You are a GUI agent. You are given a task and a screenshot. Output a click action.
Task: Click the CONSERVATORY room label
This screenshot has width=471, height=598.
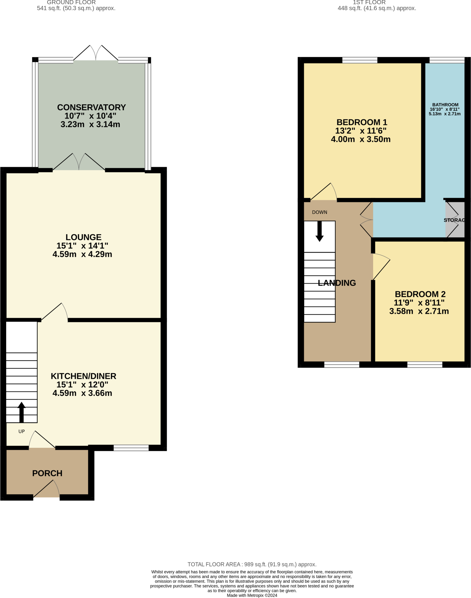tap(91, 107)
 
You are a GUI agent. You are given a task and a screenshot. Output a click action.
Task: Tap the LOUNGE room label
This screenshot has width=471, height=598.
tap(83, 237)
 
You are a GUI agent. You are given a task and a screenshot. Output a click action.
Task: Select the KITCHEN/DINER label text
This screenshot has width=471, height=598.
tap(83, 376)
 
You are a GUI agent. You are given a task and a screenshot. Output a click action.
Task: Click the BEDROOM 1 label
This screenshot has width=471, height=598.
tap(362, 122)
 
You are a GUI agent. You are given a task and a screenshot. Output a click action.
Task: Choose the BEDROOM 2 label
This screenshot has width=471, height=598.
tap(420, 294)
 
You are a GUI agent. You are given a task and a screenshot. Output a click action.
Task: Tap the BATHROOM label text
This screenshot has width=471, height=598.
tap(445, 105)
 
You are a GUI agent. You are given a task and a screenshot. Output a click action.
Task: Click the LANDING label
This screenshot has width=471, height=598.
tap(337, 283)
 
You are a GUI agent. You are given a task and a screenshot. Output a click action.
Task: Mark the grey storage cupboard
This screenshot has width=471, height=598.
tap(455, 220)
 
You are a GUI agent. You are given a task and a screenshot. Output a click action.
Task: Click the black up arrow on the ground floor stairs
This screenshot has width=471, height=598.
tap(21, 412)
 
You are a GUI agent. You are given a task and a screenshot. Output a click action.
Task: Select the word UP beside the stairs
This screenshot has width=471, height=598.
tap(21, 431)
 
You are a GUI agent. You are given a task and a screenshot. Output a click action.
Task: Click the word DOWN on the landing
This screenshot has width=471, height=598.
tap(319, 212)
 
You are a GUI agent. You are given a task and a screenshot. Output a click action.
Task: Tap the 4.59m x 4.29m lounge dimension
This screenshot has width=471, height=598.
tap(82, 254)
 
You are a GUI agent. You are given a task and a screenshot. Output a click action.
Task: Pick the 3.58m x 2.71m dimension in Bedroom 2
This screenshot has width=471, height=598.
tap(419, 311)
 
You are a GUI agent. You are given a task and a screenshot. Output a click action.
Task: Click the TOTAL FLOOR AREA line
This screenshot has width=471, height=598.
tap(252, 564)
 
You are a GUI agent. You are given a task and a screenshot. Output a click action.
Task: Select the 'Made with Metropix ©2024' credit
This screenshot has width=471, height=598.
tap(252, 595)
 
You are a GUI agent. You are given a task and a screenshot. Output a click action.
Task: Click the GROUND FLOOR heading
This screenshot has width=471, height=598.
tap(71, 2)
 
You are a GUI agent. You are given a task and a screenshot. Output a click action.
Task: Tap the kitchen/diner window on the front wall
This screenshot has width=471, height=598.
tap(131, 448)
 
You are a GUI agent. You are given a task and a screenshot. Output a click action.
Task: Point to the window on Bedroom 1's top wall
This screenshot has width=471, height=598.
tap(359, 60)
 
